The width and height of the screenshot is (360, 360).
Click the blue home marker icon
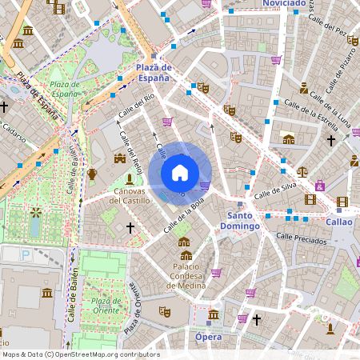[180, 172]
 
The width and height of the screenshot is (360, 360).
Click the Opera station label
[209, 337]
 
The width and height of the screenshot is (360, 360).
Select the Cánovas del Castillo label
[128, 196]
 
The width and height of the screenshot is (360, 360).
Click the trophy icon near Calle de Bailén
[92, 174]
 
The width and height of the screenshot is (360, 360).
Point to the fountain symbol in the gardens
[35, 214]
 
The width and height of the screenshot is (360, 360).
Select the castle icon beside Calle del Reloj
[120, 158]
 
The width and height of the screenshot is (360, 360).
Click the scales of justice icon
[302, 170]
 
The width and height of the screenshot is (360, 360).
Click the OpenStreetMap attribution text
[80, 354]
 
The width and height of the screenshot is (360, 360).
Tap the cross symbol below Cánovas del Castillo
[130, 228]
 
